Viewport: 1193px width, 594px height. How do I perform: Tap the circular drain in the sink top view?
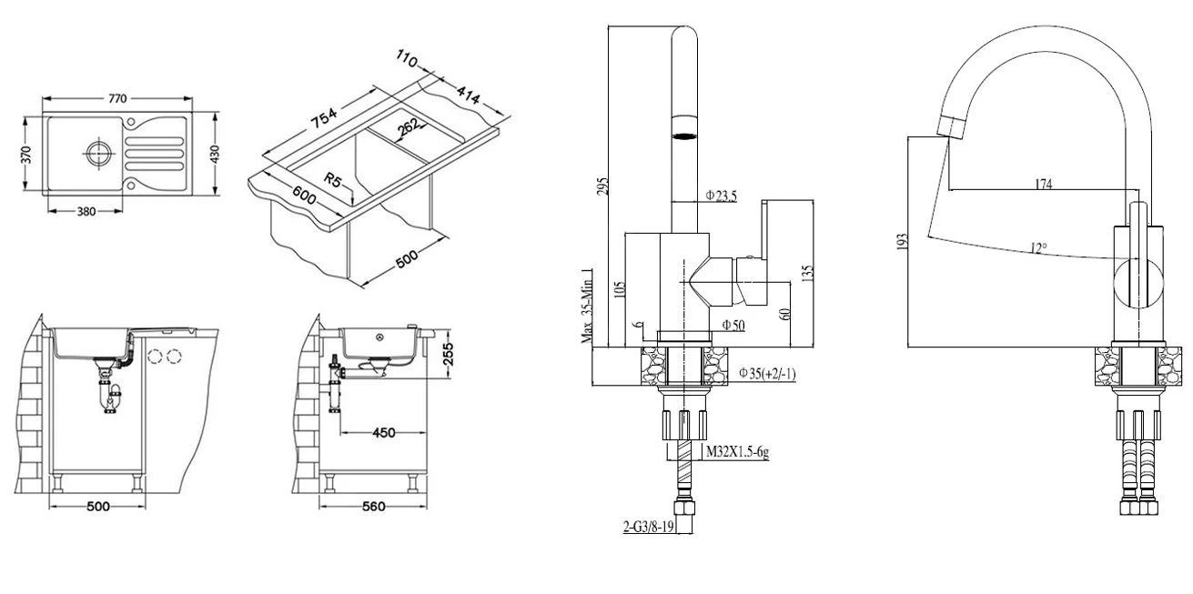[x=96, y=152]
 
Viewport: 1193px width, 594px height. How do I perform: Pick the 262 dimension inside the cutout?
[x=409, y=129]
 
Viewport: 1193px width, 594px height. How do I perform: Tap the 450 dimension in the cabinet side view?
[x=384, y=432]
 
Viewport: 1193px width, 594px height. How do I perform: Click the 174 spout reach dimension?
[x=1043, y=184]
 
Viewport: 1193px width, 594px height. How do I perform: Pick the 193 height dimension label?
[x=903, y=242]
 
